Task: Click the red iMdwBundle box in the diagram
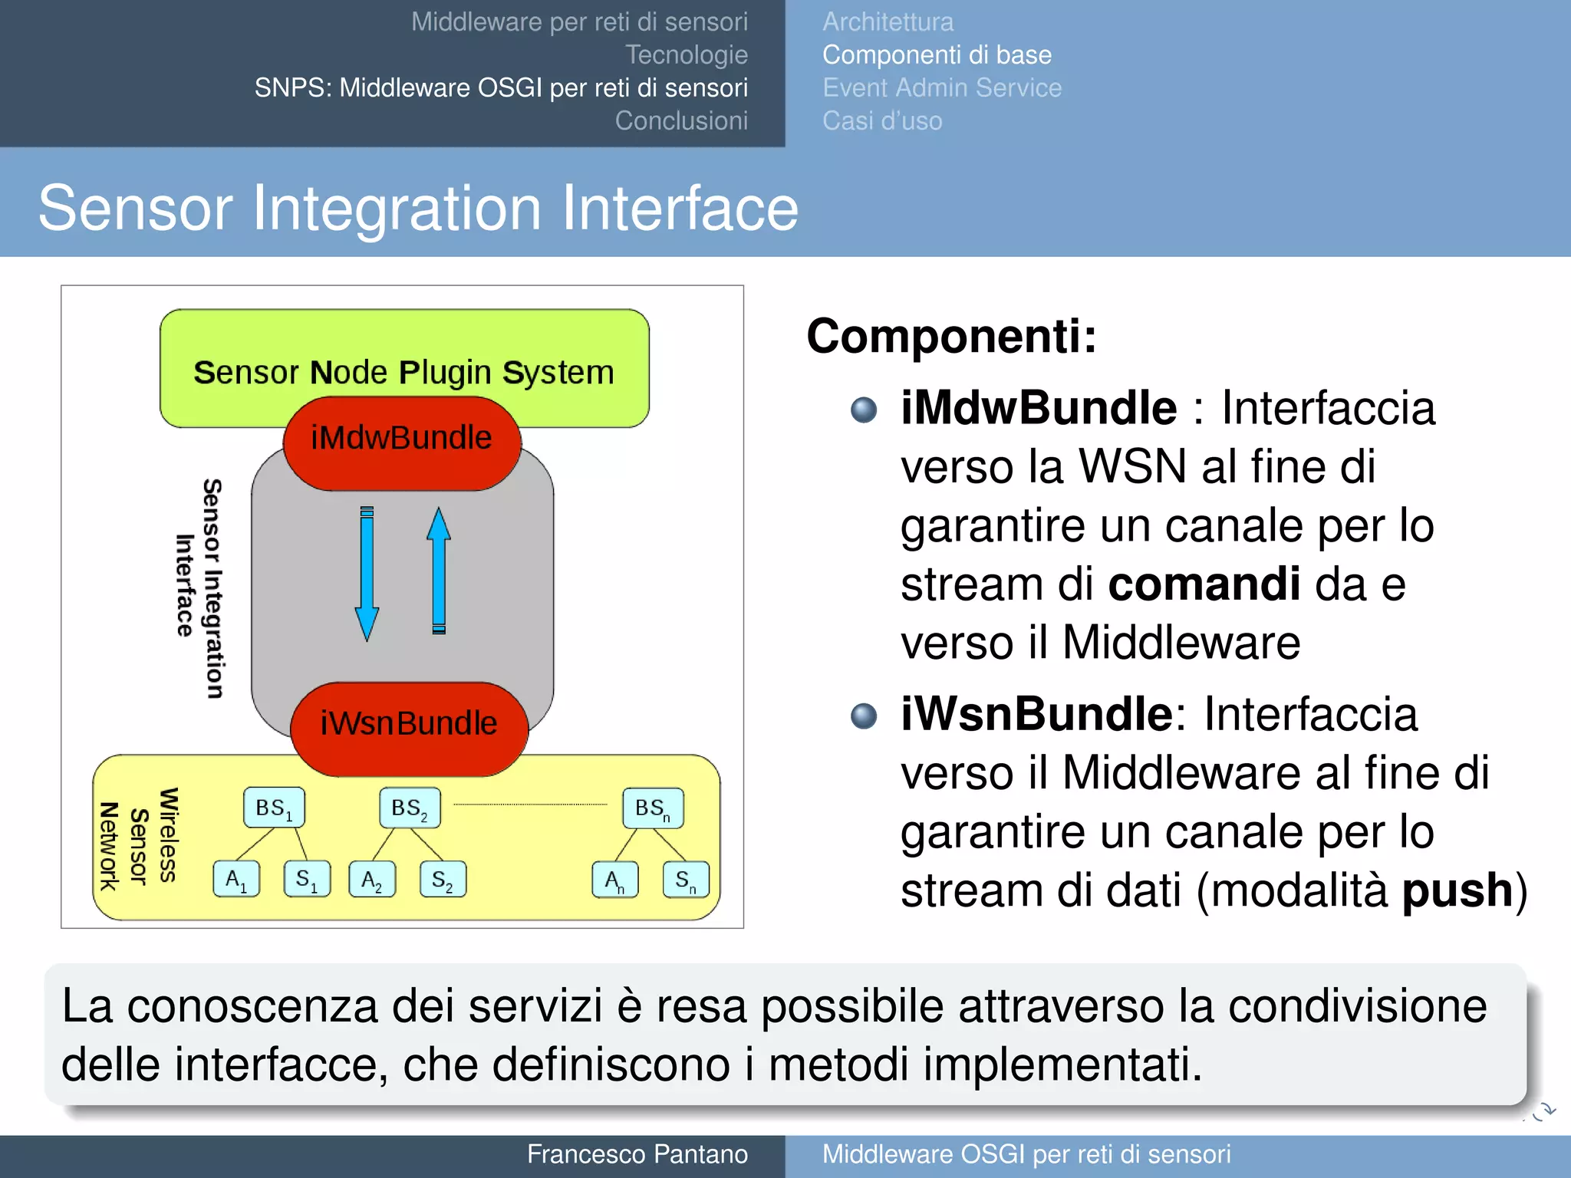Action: click(x=402, y=443)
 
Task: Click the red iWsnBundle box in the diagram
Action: click(x=409, y=728)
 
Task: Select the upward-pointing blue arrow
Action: click(x=439, y=571)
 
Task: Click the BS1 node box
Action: click(x=274, y=808)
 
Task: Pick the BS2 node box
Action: click(x=410, y=808)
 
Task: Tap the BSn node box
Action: click(x=652, y=808)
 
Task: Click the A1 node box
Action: click(x=236, y=880)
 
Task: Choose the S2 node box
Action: click(x=443, y=880)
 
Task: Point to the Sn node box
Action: click(x=685, y=880)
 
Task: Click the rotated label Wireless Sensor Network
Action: click(x=139, y=837)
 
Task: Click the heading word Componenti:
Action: click(x=951, y=336)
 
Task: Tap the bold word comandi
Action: click(x=1204, y=584)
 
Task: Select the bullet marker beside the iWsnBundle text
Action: click(x=864, y=716)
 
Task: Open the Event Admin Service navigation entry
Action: click(x=941, y=87)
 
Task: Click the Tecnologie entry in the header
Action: click(x=686, y=54)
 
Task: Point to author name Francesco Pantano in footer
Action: click(x=637, y=1154)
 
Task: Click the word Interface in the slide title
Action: click(x=680, y=208)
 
